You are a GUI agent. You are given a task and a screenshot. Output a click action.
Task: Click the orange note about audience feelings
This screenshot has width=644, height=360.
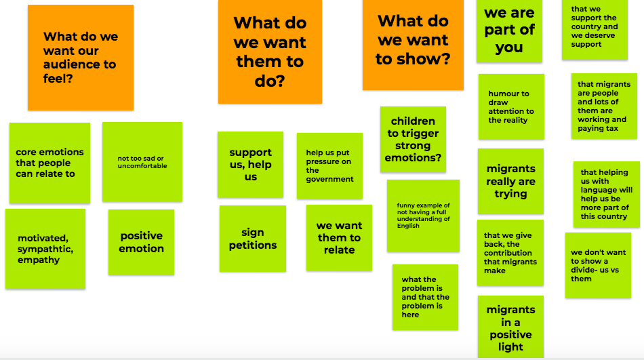(80, 58)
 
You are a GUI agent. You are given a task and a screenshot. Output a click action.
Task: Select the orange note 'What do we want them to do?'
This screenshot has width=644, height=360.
(270, 52)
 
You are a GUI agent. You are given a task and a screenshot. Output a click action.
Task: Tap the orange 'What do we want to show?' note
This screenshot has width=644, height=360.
(413, 45)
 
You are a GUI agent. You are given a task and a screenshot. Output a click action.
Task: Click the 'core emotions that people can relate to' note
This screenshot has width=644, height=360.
(49, 163)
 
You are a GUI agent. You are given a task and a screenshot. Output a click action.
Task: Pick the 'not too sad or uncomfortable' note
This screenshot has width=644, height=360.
(142, 162)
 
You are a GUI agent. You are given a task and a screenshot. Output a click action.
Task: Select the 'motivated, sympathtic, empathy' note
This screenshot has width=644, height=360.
(45, 249)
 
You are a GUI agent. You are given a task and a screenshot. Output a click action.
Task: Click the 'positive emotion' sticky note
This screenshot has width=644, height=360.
(141, 242)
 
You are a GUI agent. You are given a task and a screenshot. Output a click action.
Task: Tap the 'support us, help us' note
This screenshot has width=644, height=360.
(250, 165)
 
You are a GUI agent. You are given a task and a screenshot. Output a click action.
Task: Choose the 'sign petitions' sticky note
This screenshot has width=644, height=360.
(252, 239)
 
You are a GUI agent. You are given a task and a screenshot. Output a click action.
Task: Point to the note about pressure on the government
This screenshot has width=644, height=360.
(329, 166)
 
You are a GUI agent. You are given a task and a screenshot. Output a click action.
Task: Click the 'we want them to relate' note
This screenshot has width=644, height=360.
(339, 238)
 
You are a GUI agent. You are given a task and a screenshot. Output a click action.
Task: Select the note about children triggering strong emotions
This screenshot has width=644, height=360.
(413, 139)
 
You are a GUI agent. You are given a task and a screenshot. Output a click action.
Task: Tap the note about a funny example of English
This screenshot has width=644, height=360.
(423, 216)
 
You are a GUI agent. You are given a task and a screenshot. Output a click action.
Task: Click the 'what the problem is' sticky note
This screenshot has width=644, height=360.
(425, 297)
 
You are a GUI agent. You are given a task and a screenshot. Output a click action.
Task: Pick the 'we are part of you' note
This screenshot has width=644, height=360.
(509, 31)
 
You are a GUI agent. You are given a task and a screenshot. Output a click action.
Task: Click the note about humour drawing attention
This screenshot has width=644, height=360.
(511, 107)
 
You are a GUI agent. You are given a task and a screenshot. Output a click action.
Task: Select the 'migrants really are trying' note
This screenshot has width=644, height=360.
(510, 181)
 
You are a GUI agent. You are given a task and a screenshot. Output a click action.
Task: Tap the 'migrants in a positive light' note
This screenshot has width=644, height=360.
(510, 327)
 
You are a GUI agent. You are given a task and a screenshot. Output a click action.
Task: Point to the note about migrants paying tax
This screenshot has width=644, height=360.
(603, 106)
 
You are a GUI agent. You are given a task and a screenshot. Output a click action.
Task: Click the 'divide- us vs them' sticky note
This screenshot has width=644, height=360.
(598, 265)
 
